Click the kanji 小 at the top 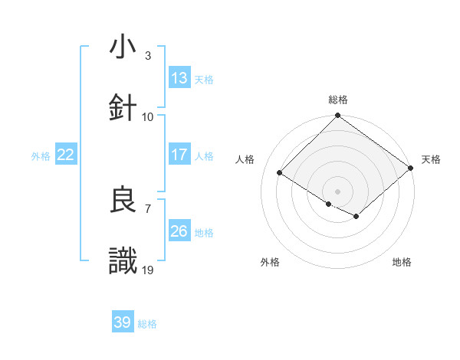coord(123,47)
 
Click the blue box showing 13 coord(179,78)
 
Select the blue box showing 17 coord(179,155)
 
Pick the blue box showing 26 coord(179,231)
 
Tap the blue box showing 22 coord(66,155)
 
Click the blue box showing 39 coord(123,322)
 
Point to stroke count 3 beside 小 coord(148,56)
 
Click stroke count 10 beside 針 coord(148,116)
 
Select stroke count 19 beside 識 coord(148,270)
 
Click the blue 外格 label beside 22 coord(41,156)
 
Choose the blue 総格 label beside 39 coord(147,324)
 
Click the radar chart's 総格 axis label coord(338,100)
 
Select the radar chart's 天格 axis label coord(431,159)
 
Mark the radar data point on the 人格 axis coord(280,172)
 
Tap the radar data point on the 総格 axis coord(338,116)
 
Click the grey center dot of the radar coord(338,191)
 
